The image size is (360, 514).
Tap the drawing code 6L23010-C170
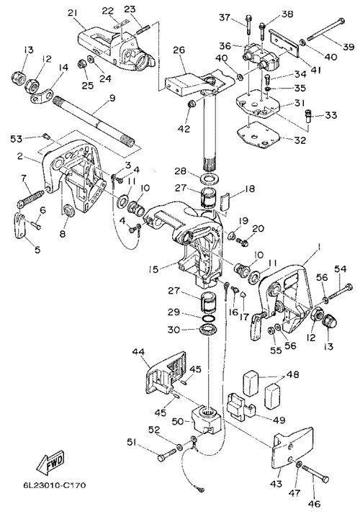tap(55, 484)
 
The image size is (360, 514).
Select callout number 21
tap(73, 13)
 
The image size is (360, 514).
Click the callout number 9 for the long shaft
tap(112, 98)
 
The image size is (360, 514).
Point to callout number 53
tap(16, 139)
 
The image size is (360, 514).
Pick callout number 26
tap(179, 50)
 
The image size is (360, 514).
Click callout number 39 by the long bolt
tap(348, 47)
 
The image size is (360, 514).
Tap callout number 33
tap(331, 115)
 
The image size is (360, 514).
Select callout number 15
tap(153, 269)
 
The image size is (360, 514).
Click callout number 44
tap(139, 352)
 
